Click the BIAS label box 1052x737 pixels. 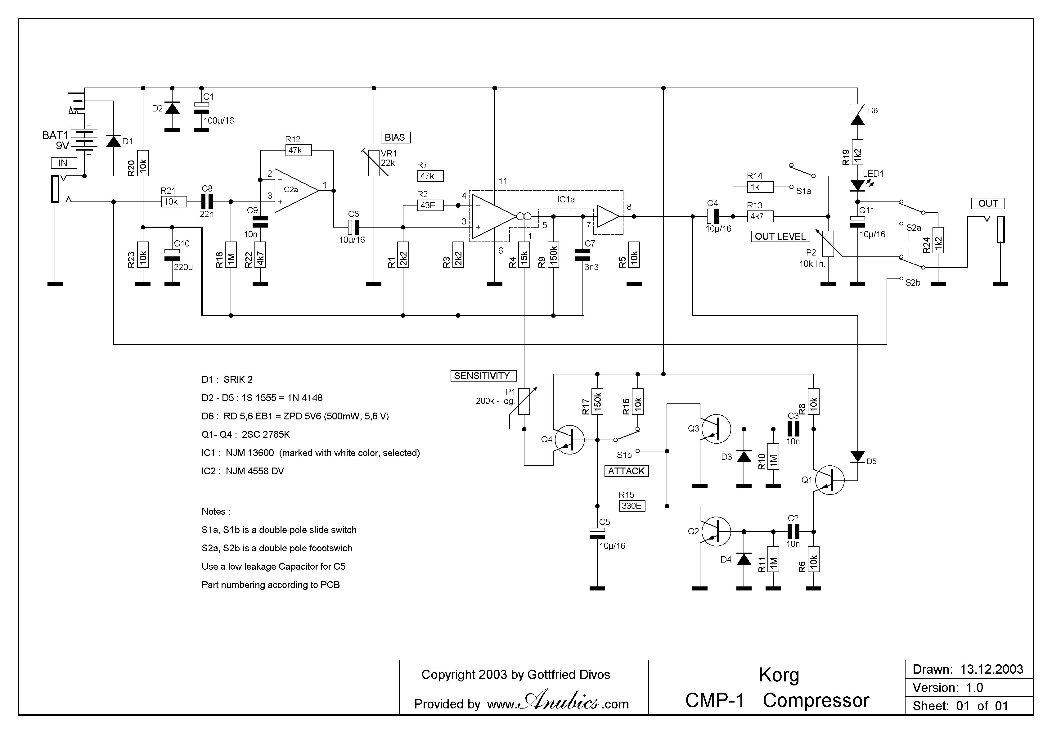pyautogui.click(x=395, y=138)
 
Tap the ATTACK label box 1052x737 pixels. pyautogui.click(x=626, y=471)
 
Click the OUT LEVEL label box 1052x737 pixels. pyautogui.click(x=780, y=237)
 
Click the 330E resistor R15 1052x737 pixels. pyautogui.click(x=632, y=506)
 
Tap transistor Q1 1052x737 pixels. pyautogui.click(x=829, y=480)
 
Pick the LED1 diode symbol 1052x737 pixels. pyautogui.click(x=857, y=185)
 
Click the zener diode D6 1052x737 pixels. pyautogui.click(x=857, y=115)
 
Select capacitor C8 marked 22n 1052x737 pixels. pyautogui.click(x=207, y=202)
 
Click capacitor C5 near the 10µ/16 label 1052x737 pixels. pyautogui.click(x=597, y=533)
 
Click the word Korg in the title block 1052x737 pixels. pyautogui.click(x=779, y=675)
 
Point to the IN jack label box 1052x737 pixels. pyautogui.click(x=64, y=163)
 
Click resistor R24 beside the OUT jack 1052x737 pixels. pyautogui.click(x=938, y=240)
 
